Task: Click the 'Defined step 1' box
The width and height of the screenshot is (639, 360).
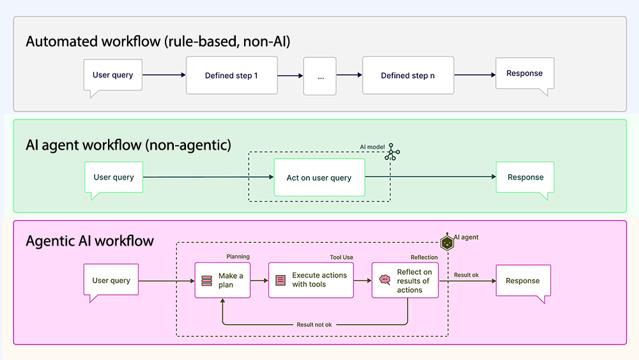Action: coord(231,75)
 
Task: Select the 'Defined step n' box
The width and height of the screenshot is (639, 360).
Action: coord(408,75)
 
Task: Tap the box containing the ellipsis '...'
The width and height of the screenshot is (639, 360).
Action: coord(320,75)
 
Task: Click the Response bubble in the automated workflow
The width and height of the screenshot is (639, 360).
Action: coord(525,74)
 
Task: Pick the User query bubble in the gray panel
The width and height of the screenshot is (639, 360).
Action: coord(113,75)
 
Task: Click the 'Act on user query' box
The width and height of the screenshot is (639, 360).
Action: coord(319,178)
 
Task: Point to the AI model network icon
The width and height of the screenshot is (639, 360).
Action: coord(392,152)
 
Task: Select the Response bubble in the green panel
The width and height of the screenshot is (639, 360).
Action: coord(525,178)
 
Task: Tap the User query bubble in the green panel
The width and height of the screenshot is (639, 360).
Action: coord(114,178)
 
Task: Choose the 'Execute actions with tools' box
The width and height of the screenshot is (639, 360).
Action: coord(311,280)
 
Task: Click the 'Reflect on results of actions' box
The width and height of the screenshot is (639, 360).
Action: coord(405,281)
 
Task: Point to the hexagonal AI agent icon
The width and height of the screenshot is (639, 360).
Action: coord(447,242)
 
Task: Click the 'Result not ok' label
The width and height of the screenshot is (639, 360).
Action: coord(314,324)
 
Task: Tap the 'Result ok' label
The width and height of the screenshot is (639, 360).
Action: coord(466,275)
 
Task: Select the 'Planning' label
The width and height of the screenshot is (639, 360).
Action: coord(238,257)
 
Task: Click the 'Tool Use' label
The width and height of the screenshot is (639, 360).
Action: coord(341,257)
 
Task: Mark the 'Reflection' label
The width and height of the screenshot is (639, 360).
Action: coord(424,257)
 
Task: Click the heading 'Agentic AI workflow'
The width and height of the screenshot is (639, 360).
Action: coord(89,241)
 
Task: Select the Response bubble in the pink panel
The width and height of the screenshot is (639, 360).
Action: coord(523,281)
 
